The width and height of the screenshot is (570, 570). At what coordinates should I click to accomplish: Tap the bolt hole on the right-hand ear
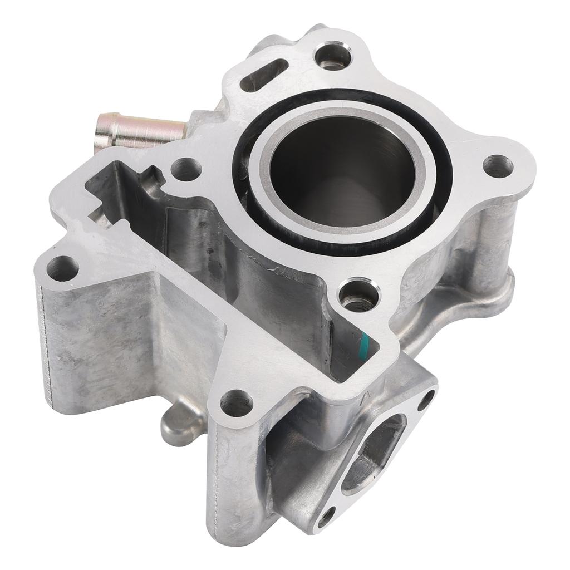tap(497, 165)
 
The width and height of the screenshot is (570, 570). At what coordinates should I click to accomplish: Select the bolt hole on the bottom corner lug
tap(237, 404)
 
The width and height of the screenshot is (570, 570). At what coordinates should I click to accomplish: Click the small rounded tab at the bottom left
tap(174, 422)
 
